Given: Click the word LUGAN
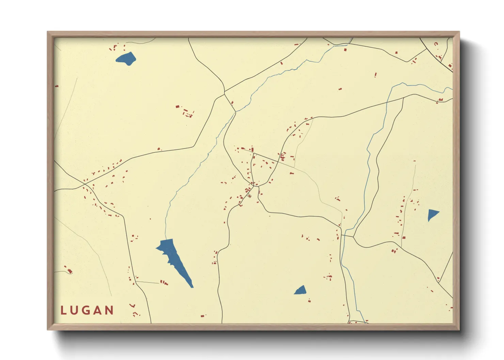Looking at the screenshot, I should [x=87, y=310].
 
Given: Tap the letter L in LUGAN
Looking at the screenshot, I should [x=63, y=310].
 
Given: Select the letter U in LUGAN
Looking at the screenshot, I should [x=75, y=310].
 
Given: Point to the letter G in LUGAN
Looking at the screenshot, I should [x=86, y=310].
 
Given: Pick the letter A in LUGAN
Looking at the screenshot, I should [x=98, y=310].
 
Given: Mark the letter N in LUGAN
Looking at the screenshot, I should [x=110, y=310].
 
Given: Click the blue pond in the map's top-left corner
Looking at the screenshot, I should [x=126, y=59].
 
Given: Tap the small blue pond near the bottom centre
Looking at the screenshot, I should [x=300, y=290].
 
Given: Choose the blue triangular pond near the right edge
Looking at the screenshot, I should [x=432, y=215].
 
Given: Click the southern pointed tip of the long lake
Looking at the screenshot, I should [x=192, y=287].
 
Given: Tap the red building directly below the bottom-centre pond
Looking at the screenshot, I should [x=309, y=301].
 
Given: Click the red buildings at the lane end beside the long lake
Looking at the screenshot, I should [x=164, y=282].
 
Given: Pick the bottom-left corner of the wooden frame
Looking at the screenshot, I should [x=48, y=329].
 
